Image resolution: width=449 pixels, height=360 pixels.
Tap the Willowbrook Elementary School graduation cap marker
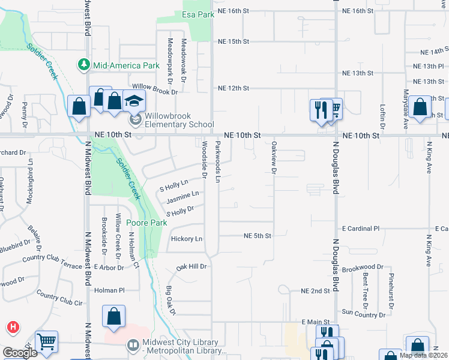[x=134, y=101]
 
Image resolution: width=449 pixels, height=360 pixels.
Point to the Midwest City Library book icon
[x=133, y=345]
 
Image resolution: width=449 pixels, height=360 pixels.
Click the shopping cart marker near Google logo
[x=46, y=341]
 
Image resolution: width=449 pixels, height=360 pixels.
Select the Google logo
[x=20, y=353]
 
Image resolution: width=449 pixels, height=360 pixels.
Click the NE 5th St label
[x=258, y=236]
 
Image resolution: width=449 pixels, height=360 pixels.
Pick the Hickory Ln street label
[x=187, y=239]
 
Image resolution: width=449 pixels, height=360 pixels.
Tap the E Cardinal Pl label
[x=361, y=229]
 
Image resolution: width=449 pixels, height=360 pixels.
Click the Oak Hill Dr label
[x=191, y=266]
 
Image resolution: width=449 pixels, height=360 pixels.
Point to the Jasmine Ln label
[x=182, y=196]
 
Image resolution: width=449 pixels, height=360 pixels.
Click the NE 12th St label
[x=234, y=88]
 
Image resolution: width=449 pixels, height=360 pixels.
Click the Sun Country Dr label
[x=363, y=312]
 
